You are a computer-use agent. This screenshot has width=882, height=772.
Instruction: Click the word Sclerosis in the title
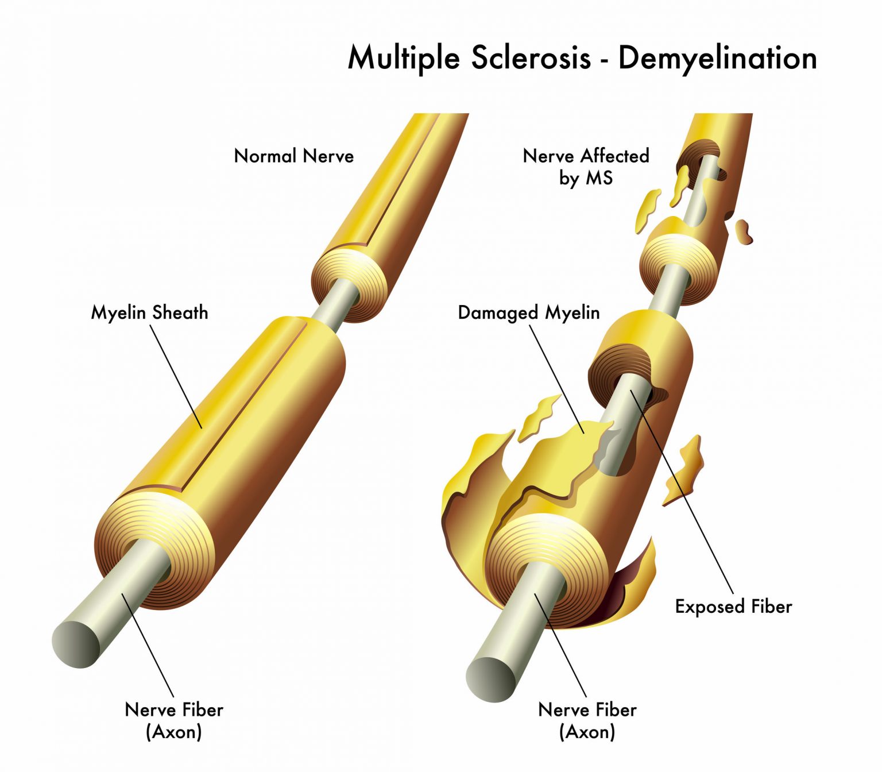(531, 58)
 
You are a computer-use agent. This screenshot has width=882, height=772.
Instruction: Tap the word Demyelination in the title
(717, 58)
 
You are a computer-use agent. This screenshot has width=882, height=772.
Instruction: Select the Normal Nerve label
(293, 156)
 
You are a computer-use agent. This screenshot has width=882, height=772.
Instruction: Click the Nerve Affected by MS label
(586, 166)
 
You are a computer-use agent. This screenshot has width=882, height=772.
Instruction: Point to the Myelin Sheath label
(149, 312)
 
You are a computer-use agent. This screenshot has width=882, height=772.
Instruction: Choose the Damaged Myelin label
(528, 312)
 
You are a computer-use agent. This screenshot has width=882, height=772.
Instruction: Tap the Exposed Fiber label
(733, 607)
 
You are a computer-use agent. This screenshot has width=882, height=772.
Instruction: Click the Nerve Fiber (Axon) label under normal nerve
(174, 720)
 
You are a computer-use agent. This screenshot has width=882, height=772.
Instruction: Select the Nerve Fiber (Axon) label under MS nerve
(587, 720)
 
